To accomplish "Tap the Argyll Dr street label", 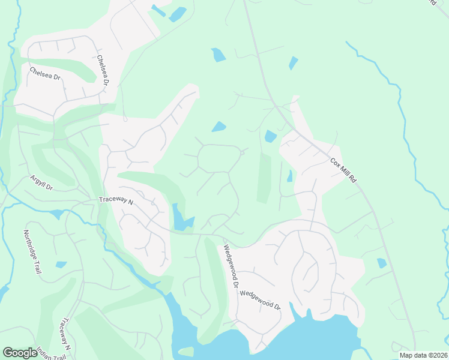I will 41,183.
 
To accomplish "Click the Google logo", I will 20,352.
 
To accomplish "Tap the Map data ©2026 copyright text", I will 423,355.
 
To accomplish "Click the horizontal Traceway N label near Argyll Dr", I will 115,202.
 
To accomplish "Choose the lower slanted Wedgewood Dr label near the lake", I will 261,298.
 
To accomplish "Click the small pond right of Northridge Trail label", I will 61,264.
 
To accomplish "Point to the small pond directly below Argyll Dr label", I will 57,214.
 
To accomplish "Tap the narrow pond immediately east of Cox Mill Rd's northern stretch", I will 294,62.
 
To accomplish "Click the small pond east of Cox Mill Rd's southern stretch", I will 382,263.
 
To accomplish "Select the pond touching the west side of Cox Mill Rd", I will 271,136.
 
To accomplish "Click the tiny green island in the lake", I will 187,351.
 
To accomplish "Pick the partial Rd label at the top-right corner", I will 433,2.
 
